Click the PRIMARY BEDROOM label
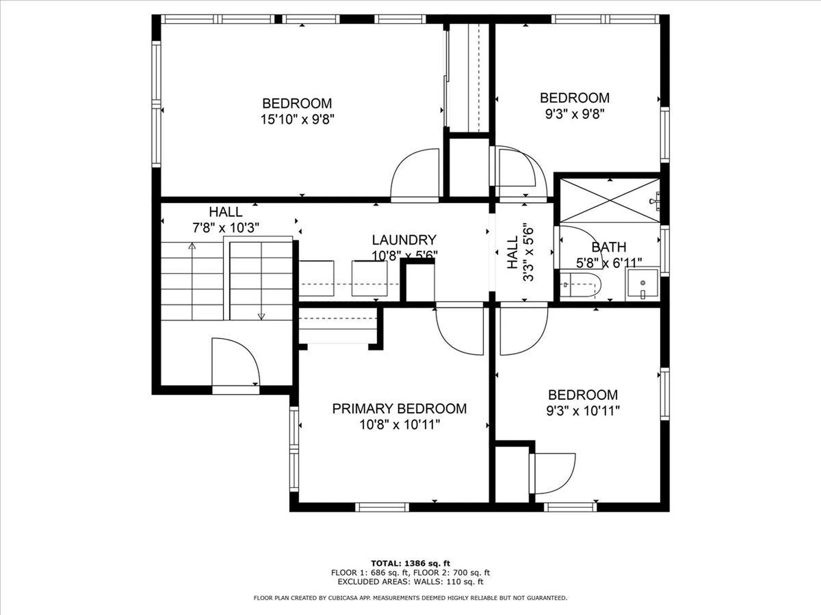point(399,409)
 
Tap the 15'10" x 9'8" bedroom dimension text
point(297,119)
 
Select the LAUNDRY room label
point(404,240)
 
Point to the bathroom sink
point(642,284)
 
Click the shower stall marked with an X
point(609,200)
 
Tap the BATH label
point(608,247)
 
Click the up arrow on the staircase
point(192,246)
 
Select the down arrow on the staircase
point(261,316)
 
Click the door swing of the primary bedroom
point(460,331)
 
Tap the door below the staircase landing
point(235,363)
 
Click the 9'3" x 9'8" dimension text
point(574,114)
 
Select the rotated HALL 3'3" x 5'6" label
point(520,253)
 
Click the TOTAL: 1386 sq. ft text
point(410,563)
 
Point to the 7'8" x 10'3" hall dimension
point(225,228)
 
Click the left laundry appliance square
point(316,278)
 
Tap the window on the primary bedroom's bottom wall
point(382,507)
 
